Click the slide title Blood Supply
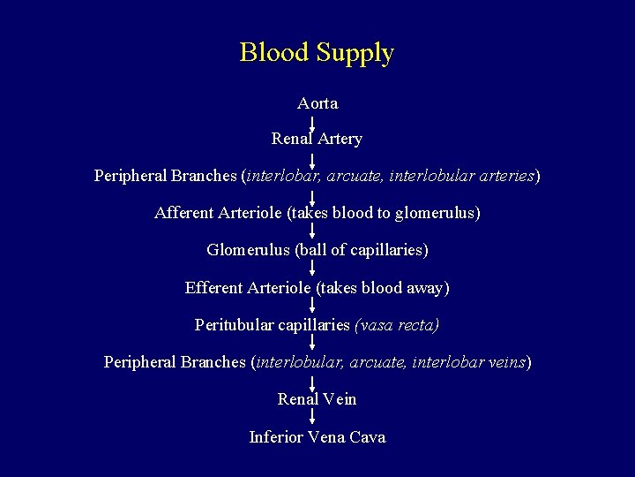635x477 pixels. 317,52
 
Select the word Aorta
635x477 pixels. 317,103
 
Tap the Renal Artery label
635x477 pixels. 317,139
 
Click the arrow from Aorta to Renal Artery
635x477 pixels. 313,121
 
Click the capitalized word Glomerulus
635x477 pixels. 248,250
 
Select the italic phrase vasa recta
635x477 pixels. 396,325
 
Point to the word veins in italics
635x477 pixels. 505,362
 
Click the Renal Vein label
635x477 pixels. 317,399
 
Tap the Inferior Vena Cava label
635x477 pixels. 317,437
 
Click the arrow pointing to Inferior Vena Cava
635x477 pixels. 313,417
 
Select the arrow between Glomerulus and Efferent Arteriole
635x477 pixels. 313,269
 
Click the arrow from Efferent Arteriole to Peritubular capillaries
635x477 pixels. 313,306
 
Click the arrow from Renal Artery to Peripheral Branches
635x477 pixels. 313,158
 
